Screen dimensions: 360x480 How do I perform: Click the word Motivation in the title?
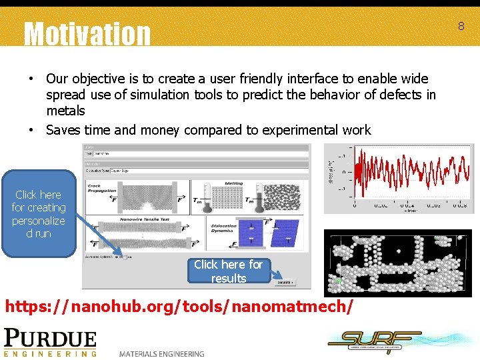click(x=87, y=33)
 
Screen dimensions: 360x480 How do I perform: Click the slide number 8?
click(x=460, y=26)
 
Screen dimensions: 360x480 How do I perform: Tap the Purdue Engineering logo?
click(x=51, y=342)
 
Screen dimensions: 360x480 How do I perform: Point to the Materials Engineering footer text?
click(x=162, y=353)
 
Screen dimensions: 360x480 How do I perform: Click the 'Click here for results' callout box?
click(x=229, y=271)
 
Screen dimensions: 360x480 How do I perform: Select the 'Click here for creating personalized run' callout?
click(x=39, y=214)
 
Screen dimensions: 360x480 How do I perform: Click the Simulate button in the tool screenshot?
click(x=283, y=283)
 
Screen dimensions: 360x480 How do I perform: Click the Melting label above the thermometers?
click(x=233, y=183)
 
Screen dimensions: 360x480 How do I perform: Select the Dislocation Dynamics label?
click(x=223, y=229)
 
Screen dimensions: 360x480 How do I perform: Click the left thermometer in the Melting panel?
click(x=207, y=197)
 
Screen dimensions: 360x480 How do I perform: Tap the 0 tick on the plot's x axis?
click(x=354, y=205)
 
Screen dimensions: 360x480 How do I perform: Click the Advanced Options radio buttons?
click(x=121, y=256)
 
